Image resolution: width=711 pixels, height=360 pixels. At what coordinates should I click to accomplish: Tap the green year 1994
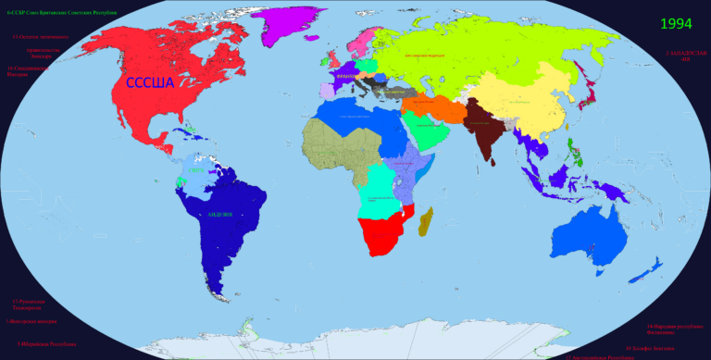[x=675, y=24]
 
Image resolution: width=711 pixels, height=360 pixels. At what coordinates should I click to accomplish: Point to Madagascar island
[x=426, y=221]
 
